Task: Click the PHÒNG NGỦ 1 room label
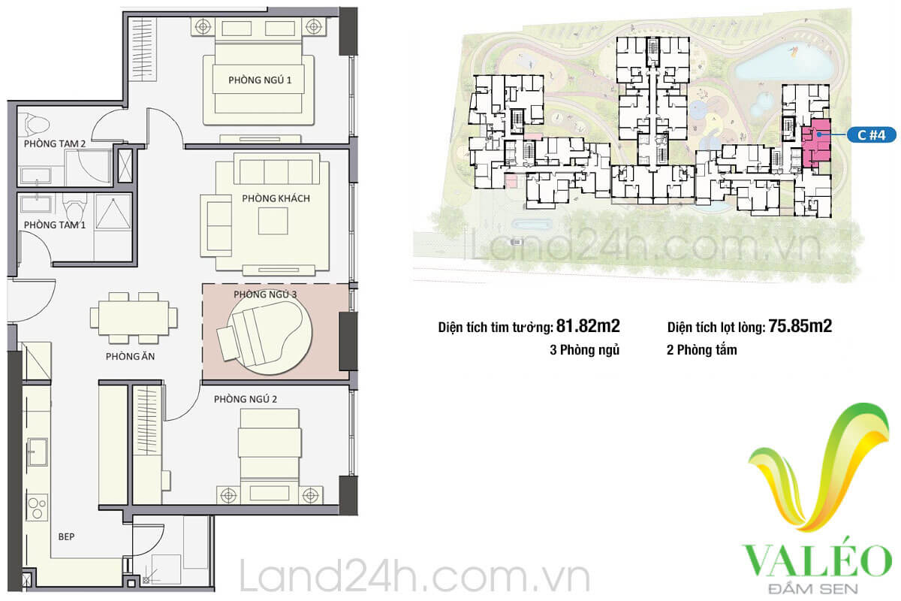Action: pos(260,80)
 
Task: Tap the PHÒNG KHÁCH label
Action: pos(276,198)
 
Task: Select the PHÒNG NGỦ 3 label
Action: pos(265,294)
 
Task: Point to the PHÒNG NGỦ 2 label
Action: pos(246,400)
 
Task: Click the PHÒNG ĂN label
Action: pos(130,356)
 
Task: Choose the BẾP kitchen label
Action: pos(66,536)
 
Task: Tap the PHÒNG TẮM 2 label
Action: pos(55,143)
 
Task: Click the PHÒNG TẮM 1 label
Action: pos(55,225)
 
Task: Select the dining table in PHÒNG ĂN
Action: pos(134,318)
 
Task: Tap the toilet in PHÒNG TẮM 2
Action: pos(37,124)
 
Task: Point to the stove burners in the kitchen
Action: pos(38,508)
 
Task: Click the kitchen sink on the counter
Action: pos(38,452)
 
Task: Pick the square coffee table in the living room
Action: pos(273,221)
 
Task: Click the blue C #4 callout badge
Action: pos(871,135)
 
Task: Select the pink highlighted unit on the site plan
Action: pos(815,143)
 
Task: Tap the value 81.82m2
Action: pos(588,326)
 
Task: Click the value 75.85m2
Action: pos(800,326)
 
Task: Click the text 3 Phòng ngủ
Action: pos(584,350)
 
